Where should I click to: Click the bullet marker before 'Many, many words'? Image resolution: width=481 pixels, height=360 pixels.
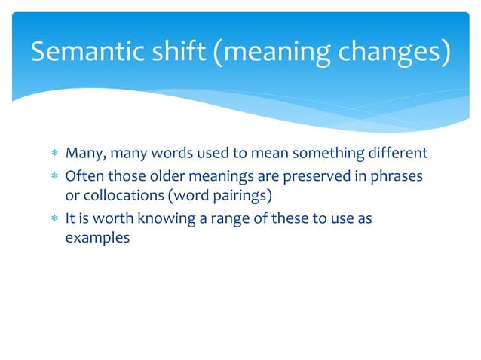click(x=54, y=154)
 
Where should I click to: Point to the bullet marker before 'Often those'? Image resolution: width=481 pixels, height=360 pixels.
click(x=54, y=176)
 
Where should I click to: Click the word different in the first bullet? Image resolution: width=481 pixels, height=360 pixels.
click(x=397, y=154)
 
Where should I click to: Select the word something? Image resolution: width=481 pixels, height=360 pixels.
click(x=328, y=154)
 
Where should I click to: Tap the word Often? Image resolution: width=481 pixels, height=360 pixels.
click(x=84, y=175)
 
